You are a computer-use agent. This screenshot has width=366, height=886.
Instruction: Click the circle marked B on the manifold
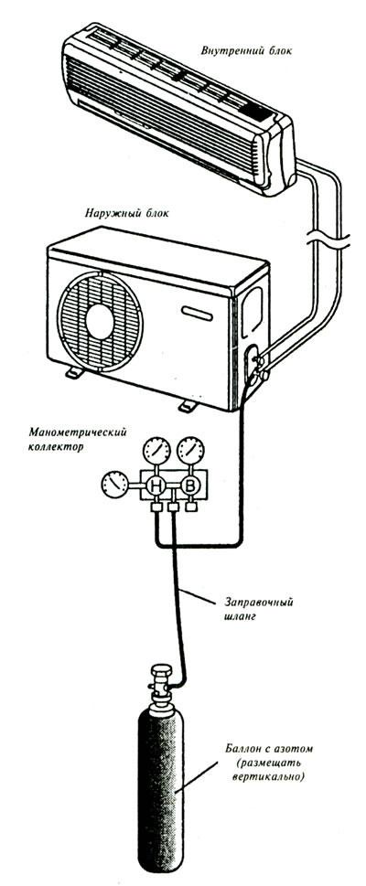(x=190, y=486)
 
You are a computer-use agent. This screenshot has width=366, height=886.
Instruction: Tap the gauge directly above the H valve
(x=156, y=451)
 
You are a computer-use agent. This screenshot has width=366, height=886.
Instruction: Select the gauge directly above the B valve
(x=190, y=451)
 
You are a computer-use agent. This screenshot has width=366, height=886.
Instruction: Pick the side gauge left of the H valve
(x=115, y=486)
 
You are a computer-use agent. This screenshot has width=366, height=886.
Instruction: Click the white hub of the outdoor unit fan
(x=101, y=321)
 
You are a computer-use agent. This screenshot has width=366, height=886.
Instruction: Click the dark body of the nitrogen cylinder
(x=161, y=791)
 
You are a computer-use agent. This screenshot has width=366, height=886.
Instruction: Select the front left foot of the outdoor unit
(x=74, y=373)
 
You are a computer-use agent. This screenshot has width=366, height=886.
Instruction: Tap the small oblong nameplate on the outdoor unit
(x=197, y=313)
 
